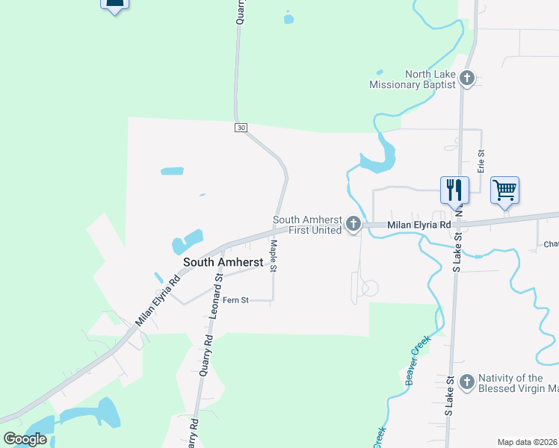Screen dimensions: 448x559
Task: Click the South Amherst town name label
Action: click(222, 262)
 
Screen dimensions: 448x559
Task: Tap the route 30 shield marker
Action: click(240, 128)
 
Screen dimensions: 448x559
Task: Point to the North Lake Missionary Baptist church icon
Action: click(467, 78)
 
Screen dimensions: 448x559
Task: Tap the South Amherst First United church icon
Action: click(353, 224)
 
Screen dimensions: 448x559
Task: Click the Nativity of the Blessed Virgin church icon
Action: click(466, 382)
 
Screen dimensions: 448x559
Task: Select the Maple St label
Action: click(274, 255)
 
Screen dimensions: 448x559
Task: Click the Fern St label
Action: click(235, 300)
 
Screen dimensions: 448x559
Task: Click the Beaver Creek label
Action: click(419, 361)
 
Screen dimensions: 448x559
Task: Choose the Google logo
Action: click(25, 439)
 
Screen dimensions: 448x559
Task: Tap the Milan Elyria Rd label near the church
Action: click(419, 225)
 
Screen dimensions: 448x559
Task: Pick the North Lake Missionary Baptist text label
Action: click(413, 79)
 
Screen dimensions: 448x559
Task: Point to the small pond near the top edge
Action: click(288, 17)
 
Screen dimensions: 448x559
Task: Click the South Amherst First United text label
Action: click(307, 225)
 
